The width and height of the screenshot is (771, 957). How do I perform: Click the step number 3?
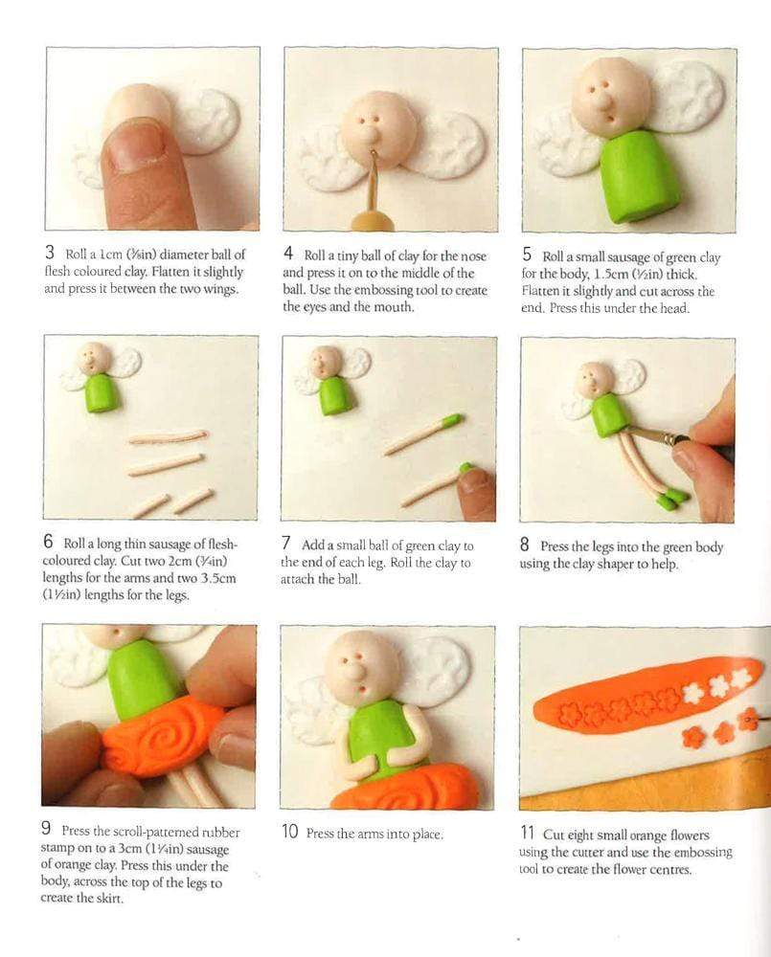(50, 252)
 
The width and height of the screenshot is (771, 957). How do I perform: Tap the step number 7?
(286, 543)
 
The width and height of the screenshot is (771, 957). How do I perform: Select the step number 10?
(289, 832)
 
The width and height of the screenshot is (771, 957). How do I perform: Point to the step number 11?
(527, 833)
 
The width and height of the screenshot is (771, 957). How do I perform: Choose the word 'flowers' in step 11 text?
(687, 835)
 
